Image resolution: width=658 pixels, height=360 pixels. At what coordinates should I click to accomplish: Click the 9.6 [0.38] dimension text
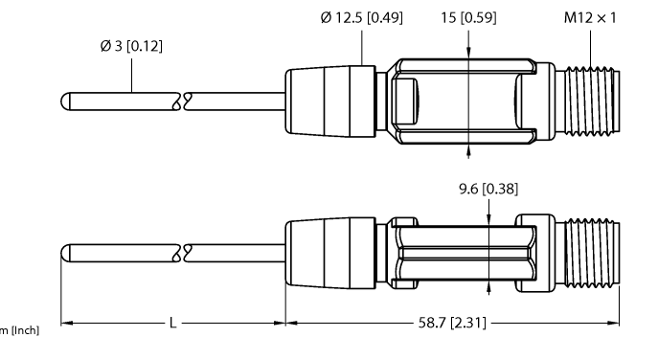click(x=488, y=189)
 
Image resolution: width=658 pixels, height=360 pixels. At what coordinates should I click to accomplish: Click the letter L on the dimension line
click(x=172, y=324)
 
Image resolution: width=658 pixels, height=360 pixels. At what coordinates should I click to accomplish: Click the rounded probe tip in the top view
click(x=67, y=100)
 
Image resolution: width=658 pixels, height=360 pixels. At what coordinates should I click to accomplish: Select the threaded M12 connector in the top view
click(x=589, y=100)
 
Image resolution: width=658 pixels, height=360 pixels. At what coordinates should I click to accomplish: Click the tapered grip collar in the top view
click(x=329, y=100)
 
